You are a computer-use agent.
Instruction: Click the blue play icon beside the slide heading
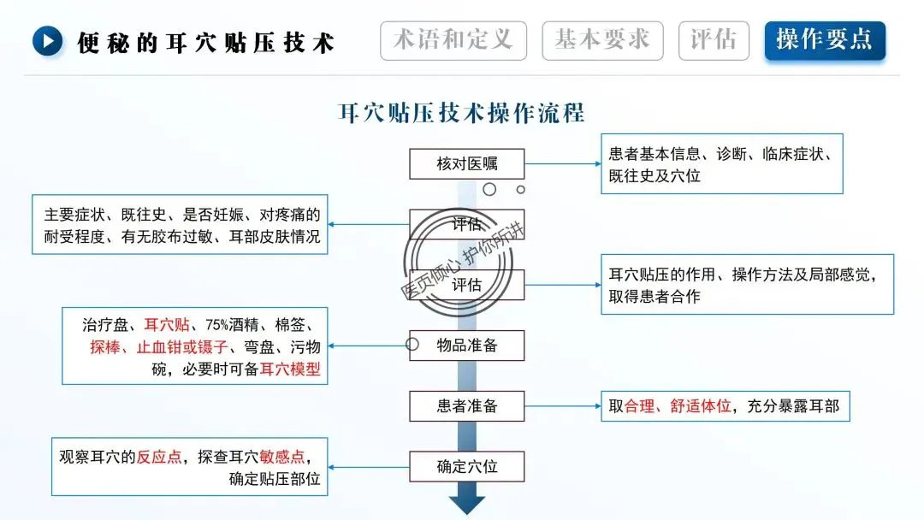tap(48, 41)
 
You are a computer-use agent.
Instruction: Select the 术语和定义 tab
tap(453, 40)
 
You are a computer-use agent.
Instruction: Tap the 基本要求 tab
tap(602, 40)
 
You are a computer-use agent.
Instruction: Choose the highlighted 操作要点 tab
tap(825, 40)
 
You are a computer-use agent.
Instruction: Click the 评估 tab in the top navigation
tap(713, 40)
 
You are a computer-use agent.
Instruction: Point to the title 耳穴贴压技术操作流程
tap(462, 112)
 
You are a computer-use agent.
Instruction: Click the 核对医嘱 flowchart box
tap(467, 163)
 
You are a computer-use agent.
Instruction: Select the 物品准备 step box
tap(467, 346)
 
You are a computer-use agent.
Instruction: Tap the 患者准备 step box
tap(467, 406)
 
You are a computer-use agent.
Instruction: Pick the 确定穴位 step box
tap(467, 467)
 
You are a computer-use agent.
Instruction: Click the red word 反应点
tap(159, 457)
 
